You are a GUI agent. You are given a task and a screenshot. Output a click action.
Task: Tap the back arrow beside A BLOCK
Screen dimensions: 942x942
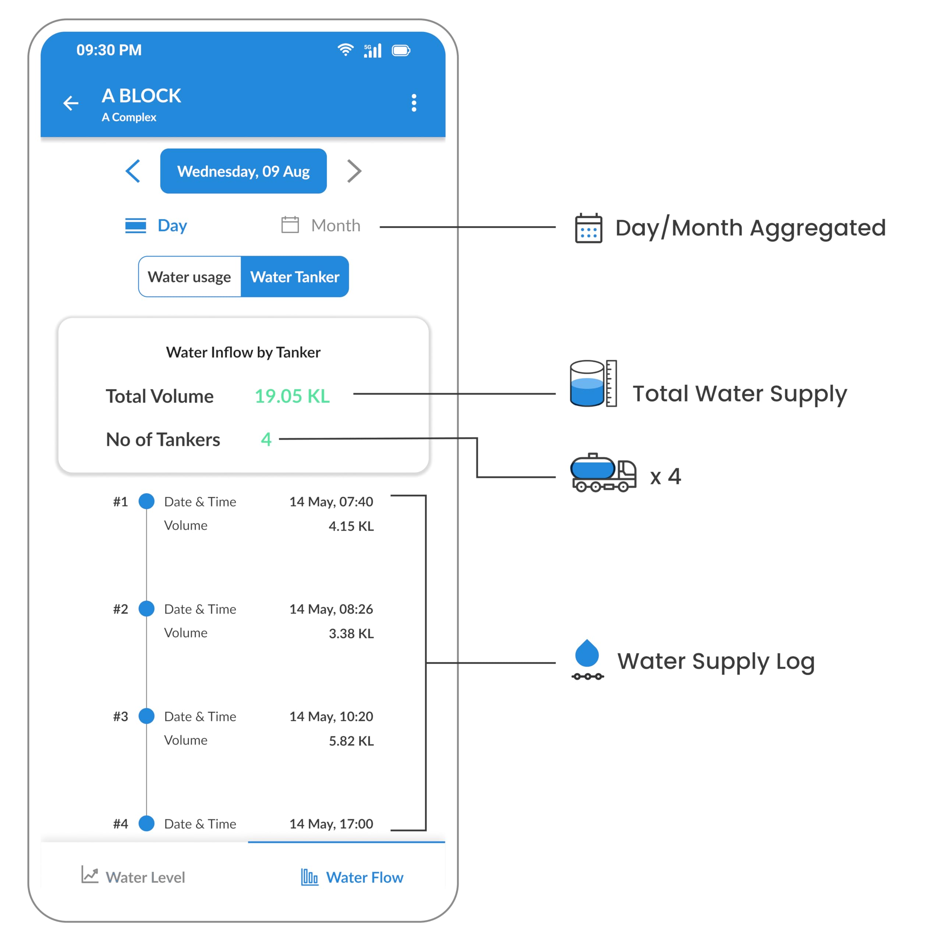click(x=71, y=103)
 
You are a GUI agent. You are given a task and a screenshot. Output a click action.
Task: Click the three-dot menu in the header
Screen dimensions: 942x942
click(x=414, y=103)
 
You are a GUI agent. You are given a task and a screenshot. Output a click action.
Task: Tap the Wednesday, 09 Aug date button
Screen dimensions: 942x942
click(x=243, y=171)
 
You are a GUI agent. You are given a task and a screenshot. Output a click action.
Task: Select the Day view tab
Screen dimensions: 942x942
click(x=156, y=225)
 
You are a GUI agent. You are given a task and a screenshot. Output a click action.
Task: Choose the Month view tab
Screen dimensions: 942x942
click(x=321, y=225)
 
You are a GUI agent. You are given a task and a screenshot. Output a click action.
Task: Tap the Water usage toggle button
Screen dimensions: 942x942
click(x=190, y=276)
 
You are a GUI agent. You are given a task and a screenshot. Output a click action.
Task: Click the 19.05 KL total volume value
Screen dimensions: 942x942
click(x=292, y=396)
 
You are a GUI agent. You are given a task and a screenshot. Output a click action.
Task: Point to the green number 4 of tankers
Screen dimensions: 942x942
click(x=266, y=439)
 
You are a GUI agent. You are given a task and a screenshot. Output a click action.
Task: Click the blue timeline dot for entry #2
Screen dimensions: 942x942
click(x=147, y=609)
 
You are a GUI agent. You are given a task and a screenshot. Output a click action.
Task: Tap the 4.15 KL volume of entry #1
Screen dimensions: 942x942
click(x=351, y=526)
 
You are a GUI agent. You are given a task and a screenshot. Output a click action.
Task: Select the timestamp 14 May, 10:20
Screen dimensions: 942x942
click(x=331, y=717)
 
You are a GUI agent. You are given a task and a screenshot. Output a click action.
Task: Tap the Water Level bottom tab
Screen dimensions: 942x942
click(x=133, y=877)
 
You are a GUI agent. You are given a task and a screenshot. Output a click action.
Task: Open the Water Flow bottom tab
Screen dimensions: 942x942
click(x=352, y=877)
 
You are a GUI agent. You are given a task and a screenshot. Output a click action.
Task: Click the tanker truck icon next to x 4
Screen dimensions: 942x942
click(x=603, y=472)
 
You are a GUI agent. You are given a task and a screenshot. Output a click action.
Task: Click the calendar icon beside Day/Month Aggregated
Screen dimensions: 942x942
click(x=588, y=228)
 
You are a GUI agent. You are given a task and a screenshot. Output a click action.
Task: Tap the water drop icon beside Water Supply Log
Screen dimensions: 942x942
click(x=588, y=659)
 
